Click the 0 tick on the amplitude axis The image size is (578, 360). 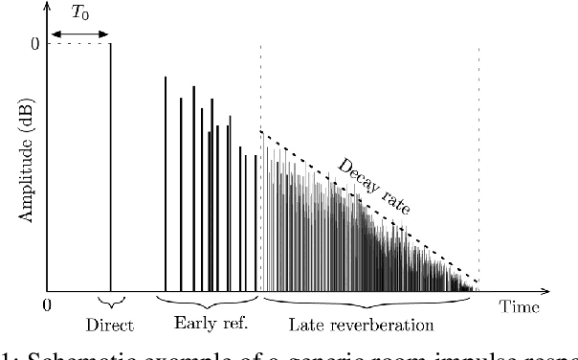[x=33, y=43]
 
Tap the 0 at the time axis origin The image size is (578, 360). [x=45, y=306]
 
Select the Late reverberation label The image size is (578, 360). [x=368, y=326]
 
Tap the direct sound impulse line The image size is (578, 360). [x=110, y=163]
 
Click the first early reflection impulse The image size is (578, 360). [x=166, y=182]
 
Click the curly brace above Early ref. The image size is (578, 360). [x=211, y=303]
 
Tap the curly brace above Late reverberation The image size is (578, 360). [x=368, y=304]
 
